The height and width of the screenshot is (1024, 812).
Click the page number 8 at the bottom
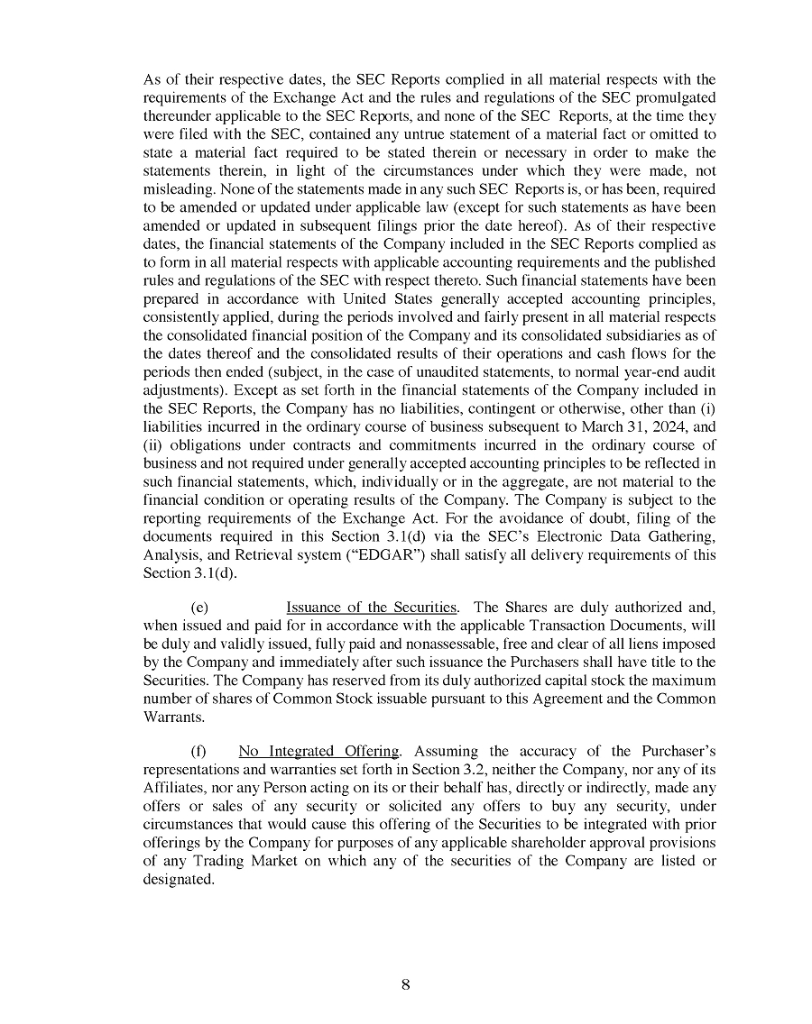pos(406,984)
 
